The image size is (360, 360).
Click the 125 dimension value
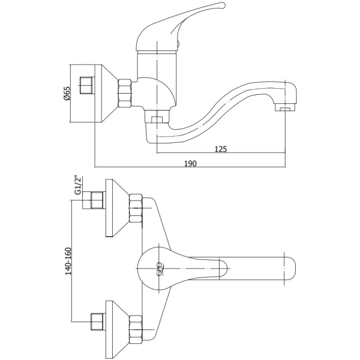pyautogui.click(x=221, y=149)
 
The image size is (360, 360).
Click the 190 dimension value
pyautogui.click(x=191, y=164)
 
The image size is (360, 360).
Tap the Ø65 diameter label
pyautogui.click(x=67, y=94)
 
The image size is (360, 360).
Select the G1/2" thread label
pyautogui.click(x=79, y=185)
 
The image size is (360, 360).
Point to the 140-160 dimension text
pyautogui.click(x=68, y=261)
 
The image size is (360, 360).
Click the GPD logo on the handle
pyautogui.click(x=160, y=269)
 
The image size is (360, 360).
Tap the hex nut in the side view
pyautogui.click(x=125, y=93)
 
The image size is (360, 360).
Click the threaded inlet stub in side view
pyautogui.click(x=86, y=85)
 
